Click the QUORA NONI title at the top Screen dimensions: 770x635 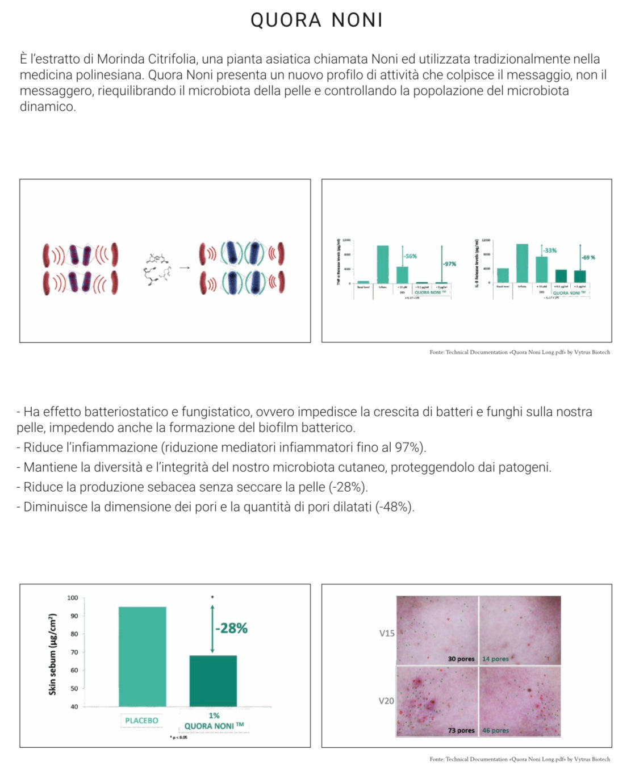317,20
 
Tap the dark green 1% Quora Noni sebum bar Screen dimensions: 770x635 213,681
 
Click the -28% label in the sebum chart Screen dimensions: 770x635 232,628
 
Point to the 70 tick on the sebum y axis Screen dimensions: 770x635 74,652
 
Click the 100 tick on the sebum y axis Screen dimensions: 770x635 73,597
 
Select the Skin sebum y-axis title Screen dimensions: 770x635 53,654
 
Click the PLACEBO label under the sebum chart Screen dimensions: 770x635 142,721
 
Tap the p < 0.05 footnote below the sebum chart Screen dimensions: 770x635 179,737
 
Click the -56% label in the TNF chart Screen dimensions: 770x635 410,256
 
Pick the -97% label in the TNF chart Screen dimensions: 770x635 450,264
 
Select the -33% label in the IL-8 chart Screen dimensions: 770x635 550,250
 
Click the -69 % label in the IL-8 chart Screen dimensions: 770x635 588,257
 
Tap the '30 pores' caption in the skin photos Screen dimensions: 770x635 461,659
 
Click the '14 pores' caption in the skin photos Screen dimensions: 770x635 495,659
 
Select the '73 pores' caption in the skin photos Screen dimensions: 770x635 461,730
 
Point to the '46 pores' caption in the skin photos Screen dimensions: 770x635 495,730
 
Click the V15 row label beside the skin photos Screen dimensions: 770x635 387,633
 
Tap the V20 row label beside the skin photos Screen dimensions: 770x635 386,701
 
